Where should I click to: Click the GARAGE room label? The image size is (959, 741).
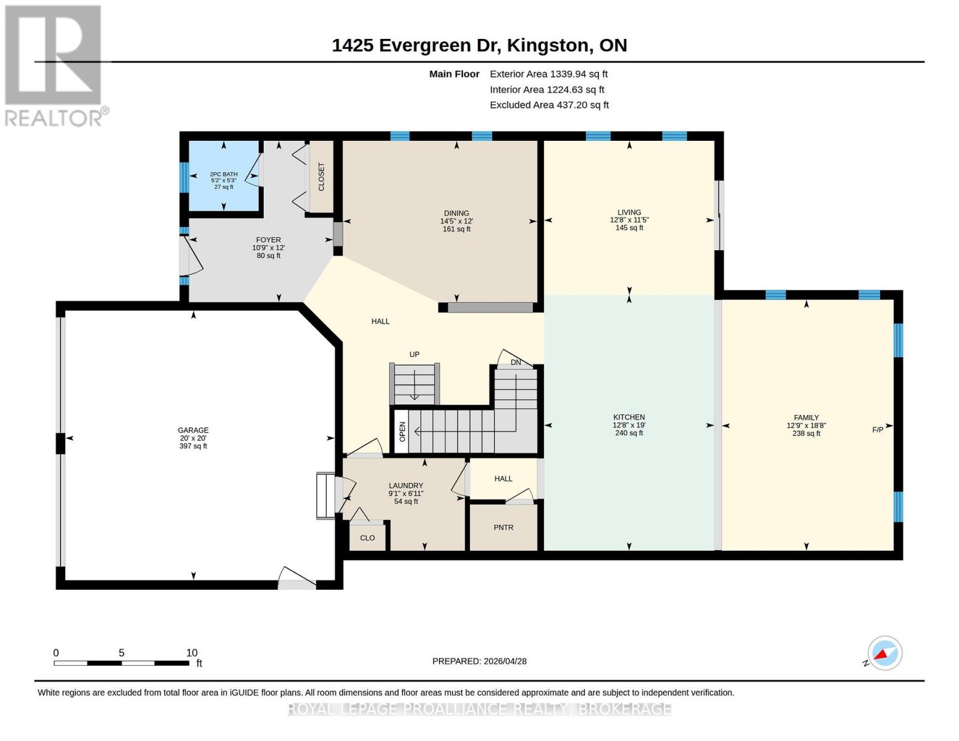pos(193,430)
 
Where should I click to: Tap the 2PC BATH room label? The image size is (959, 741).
pos(224,174)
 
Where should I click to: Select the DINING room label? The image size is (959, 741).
pos(456,213)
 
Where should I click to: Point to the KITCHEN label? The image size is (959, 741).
pos(629,417)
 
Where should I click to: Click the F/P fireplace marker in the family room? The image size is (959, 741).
pos(877,429)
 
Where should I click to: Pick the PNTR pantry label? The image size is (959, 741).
pos(503,527)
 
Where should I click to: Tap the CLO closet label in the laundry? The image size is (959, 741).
pos(367,538)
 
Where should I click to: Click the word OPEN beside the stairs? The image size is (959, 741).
pos(402,432)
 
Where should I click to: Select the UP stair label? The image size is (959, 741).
pos(414,354)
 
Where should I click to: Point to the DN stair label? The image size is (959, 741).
pos(516,362)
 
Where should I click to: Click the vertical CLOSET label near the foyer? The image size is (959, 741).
pos(321,177)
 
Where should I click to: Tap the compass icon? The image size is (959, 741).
pos(884,653)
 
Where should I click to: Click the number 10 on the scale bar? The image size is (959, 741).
pos(191,653)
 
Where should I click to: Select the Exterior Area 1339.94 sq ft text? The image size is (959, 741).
pos(548,74)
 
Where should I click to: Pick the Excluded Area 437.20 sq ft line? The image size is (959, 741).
pos(549,105)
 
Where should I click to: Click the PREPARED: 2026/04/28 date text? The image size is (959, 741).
pos(479,661)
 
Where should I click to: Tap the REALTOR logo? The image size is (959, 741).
pos(55,66)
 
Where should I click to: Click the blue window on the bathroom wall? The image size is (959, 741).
pos(184,177)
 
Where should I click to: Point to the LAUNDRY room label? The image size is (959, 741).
pos(406,485)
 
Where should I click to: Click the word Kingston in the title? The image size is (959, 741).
pos(548,46)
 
